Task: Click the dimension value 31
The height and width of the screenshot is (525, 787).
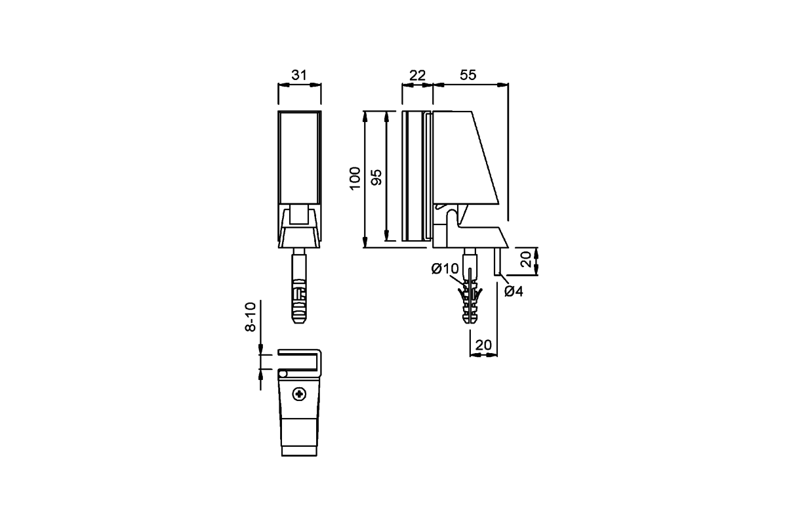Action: click(299, 75)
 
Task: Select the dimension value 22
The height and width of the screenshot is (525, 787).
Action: click(417, 75)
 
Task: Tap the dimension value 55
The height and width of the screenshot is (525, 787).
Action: click(468, 75)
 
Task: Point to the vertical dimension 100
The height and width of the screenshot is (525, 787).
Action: click(355, 178)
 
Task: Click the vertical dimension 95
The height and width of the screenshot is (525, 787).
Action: click(376, 178)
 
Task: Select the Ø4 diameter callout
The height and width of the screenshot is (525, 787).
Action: click(514, 291)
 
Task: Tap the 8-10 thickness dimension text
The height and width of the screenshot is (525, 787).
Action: click(251, 318)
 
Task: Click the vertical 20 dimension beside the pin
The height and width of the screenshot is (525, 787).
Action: click(526, 260)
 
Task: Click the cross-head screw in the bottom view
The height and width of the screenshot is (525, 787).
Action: click(300, 394)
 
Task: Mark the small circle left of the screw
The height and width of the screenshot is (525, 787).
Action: click(283, 373)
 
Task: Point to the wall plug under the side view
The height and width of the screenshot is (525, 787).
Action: click(470, 299)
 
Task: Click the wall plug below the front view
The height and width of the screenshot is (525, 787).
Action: click(299, 295)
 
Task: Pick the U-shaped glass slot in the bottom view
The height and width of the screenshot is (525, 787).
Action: click(298, 360)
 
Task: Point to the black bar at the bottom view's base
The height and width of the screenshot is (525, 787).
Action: click(299, 451)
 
